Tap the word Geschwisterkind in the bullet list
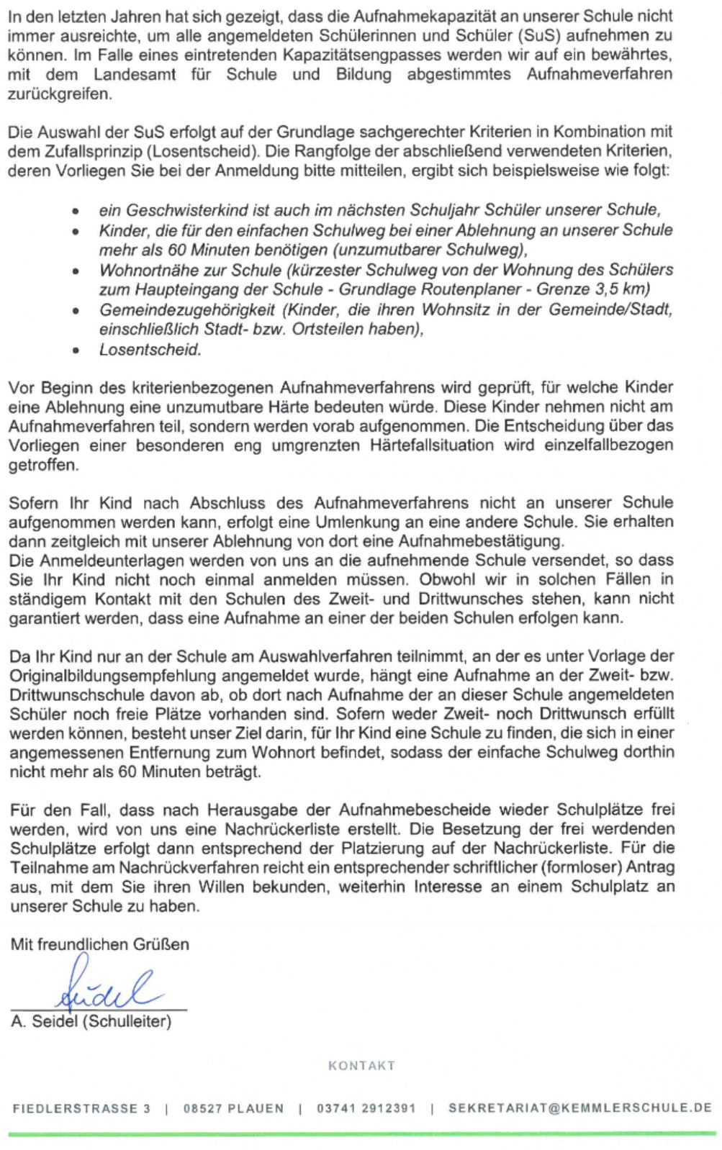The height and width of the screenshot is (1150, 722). click(x=181, y=210)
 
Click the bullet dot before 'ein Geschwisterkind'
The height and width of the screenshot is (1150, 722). click(x=76, y=212)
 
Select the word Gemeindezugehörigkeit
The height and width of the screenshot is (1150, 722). click(x=186, y=309)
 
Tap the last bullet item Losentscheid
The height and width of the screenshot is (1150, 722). click(x=150, y=350)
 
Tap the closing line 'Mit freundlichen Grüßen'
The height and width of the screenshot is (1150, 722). click(x=99, y=944)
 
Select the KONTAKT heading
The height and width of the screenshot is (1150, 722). click(x=361, y=1066)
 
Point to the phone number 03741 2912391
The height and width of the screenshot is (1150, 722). click(x=366, y=1108)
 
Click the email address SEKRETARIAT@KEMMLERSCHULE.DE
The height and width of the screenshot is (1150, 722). click(x=579, y=1108)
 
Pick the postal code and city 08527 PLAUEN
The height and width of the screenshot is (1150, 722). click(x=233, y=1108)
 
